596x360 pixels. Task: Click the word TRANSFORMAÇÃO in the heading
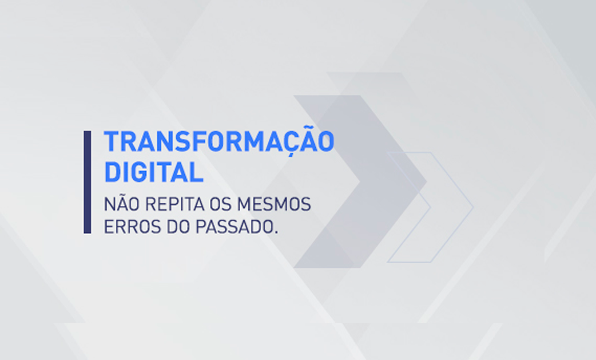tap(219, 141)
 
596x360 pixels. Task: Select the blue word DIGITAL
tap(153, 173)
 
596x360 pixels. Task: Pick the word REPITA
tap(174, 204)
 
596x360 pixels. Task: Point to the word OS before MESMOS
tap(221, 204)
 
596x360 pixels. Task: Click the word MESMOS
tap(274, 204)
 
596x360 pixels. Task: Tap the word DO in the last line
tap(177, 227)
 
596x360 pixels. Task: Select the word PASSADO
tap(234, 227)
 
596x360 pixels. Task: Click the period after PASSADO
tap(276, 232)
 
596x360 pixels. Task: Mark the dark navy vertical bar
tap(88, 182)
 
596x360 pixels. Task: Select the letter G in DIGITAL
tap(144, 173)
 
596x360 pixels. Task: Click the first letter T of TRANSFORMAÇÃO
tap(112, 141)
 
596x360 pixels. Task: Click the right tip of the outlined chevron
tap(473, 207)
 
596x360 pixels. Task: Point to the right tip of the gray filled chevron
tap(427, 181)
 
